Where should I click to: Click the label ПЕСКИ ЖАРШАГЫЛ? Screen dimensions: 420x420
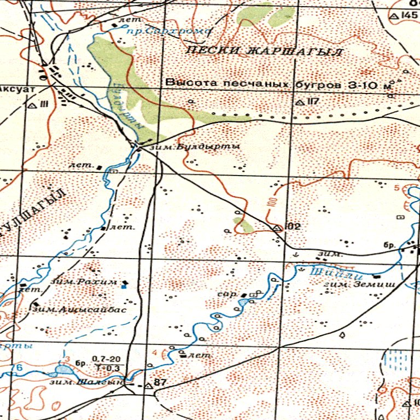[x=264, y=52]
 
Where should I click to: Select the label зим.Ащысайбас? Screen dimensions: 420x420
[x=80, y=309]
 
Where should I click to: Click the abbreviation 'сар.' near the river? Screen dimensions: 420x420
[x=226, y=294]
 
